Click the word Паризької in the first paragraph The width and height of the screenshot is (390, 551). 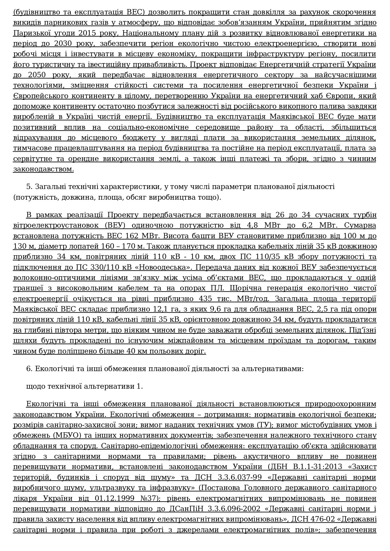coord(30,33)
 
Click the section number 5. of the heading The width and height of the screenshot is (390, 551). coord(30,186)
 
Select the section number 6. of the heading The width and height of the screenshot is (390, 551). coord(30,369)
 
